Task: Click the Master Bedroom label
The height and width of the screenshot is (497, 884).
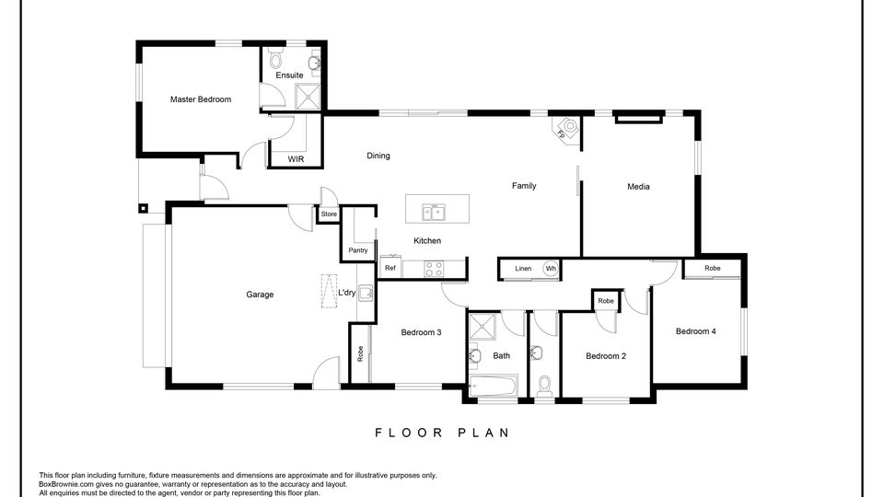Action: click(x=201, y=99)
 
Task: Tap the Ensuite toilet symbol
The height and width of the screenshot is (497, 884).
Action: click(x=275, y=59)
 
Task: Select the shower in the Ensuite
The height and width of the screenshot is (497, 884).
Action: click(x=308, y=97)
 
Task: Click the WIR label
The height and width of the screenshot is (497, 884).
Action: click(x=296, y=159)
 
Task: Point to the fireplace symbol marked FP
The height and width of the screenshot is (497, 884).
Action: click(x=567, y=129)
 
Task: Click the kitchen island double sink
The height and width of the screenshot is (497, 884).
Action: click(x=434, y=212)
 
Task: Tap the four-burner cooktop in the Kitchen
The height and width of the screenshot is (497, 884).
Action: click(x=433, y=269)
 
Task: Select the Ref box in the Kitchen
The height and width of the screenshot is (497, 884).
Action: click(x=390, y=268)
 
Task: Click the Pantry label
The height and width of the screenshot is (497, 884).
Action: click(x=358, y=250)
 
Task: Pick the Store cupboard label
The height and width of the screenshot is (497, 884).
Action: click(x=330, y=214)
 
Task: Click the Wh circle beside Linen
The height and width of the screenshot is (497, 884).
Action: click(x=551, y=268)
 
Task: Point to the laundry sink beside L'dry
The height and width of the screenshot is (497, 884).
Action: click(x=366, y=293)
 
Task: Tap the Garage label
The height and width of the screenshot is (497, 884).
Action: click(x=260, y=295)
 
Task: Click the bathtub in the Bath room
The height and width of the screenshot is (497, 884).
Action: click(x=494, y=386)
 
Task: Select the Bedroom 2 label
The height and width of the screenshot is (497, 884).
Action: click(x=606, y=355)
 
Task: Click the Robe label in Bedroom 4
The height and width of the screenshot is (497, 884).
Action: click(x=713, y=268)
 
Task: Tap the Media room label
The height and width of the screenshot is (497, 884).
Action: click(x=639, y=187)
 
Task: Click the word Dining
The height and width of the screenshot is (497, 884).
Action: click(x=378, y=156)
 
